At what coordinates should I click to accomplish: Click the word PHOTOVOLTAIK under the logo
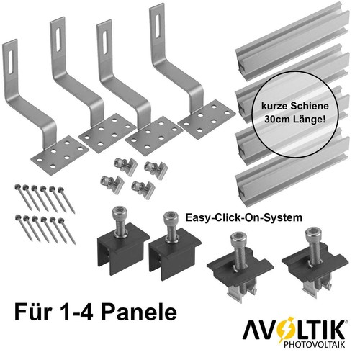314,344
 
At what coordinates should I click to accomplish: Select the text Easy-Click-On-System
243,217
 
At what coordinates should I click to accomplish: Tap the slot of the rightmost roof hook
158,26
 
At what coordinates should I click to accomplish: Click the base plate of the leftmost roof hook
60,156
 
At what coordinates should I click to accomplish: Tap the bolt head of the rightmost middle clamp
312,234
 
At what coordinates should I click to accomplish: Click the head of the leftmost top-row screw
17,186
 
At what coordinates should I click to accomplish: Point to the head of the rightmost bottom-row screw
61,220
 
